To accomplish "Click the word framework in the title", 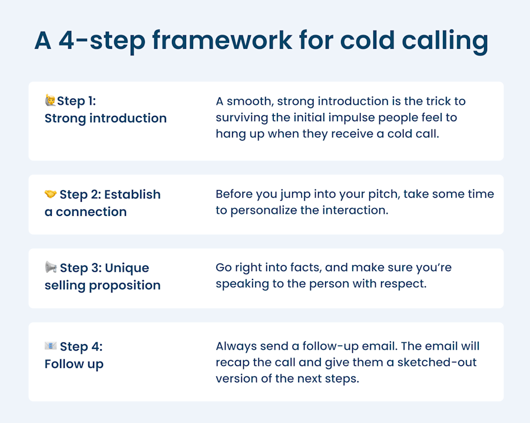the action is click(x=222, y=41).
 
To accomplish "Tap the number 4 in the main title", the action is click(x=66, y=41).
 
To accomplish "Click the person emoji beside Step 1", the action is click(x=50, y=100).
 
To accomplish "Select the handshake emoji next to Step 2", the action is click(x=51, y=194).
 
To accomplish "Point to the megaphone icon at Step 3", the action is click(x=51, y=267).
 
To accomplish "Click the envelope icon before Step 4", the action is click(x=51, y=346).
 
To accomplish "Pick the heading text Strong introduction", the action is click(x=105, y=118).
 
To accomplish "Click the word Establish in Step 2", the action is click(x=132, y=195).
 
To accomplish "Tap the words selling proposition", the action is click(x=102, y=285).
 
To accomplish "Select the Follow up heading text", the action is click(x=74, y=364).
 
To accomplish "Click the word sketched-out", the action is click(x=437, y=362).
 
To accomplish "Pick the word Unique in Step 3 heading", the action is click(x=127, y=268).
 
